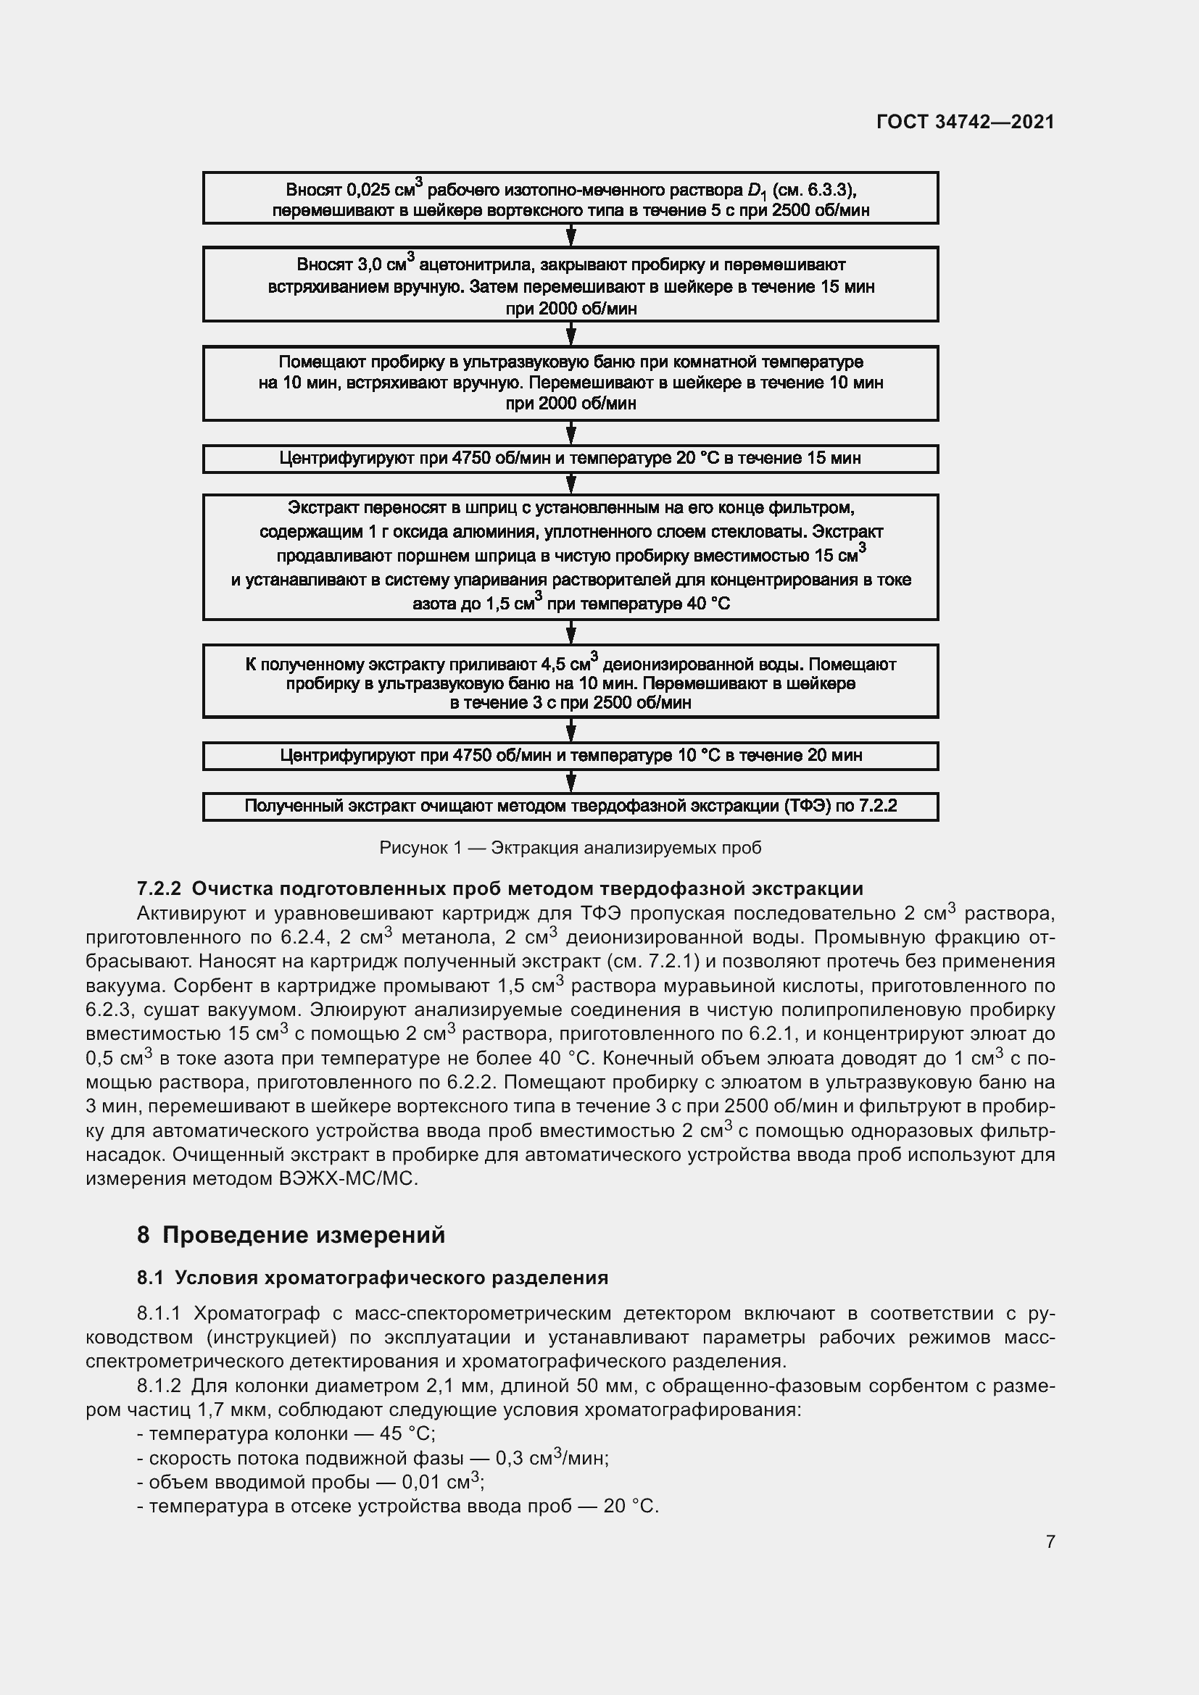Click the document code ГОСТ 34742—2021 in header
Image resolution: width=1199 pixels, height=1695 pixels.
(x=965, y=122)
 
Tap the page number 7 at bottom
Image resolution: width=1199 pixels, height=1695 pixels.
(x=1050, y=1541)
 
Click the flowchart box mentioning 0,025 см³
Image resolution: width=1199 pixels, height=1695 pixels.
(x=570, y=199)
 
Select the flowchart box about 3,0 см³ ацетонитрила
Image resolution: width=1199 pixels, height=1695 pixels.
(x=570, y=285)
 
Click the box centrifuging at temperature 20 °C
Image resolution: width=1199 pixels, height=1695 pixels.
(x=570, y=459)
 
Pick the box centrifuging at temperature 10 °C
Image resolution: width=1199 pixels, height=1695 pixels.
(x=570, y=755)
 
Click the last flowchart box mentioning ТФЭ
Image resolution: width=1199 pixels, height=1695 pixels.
(x=570, y=806)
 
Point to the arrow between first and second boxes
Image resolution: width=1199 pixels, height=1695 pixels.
(x=570, y=236)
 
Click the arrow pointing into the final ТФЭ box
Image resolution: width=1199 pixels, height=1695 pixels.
(x=570, y=782)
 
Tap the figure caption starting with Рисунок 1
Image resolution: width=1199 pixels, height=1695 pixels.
(x=570, y=848)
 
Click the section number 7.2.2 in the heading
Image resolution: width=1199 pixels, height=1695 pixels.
(x=159, y=888)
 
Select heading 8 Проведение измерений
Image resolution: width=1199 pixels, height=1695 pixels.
(x=291, y=1235)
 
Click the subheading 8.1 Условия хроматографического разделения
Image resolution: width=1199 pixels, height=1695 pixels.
(x=372, y=1278)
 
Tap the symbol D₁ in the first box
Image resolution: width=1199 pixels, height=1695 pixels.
(x=757, y=191)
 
